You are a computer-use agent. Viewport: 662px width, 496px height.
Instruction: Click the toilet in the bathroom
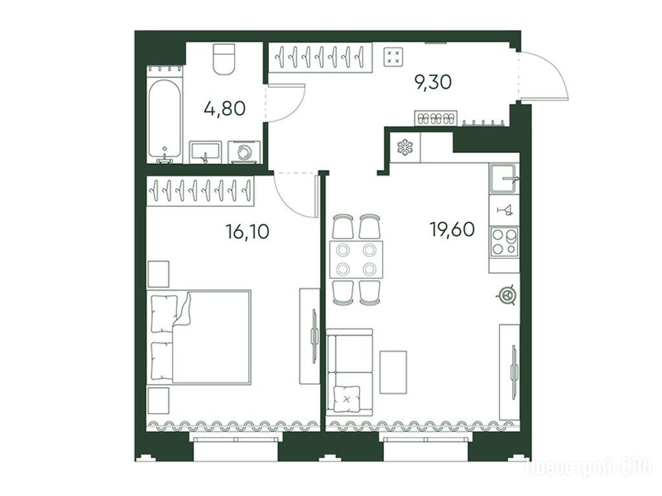pyautogui.click(x=224, y=59)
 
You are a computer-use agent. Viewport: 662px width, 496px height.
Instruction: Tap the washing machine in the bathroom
pyautogui.click(x=244, y=152)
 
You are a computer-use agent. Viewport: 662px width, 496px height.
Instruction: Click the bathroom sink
pyautogui.click(x=205, y=152)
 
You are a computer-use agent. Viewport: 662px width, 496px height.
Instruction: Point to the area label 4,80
pyautogui.click(x=224, y=108)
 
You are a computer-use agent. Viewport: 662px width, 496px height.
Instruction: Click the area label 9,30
pyautogui.click(x=433, y=82)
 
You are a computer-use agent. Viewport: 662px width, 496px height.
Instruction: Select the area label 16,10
pyautogui.click(x=248, y=232)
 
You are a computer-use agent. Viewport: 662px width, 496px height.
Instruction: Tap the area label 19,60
pyautogui.click(x=452, y=229)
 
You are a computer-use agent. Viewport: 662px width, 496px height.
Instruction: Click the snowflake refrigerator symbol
pyautogui.click(x=405, y=147)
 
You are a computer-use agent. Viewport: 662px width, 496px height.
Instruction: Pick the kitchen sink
pyautogui.click(x=504, y=178)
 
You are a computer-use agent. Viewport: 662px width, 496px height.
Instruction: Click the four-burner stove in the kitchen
pyautogui.click(x=504, y=242)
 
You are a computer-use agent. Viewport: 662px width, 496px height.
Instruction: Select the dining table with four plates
pyautogui.click(x=356, y=259)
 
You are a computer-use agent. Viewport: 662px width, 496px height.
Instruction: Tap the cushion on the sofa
pyautogui.click(x=347, y=398)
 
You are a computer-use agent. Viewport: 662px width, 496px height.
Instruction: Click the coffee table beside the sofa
pyautogui.click(x=393, y=372)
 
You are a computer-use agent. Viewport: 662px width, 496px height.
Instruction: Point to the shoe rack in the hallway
pyautogui.click(x=436, y=118)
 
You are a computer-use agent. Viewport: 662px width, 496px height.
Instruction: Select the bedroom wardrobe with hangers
pyautogui.click(x=200, y=191)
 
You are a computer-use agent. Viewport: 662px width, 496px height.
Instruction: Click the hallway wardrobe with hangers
pyautogui.click(x=321, y=57)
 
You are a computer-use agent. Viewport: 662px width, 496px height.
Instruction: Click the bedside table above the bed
pyautogui.click(x=159, y=274)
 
